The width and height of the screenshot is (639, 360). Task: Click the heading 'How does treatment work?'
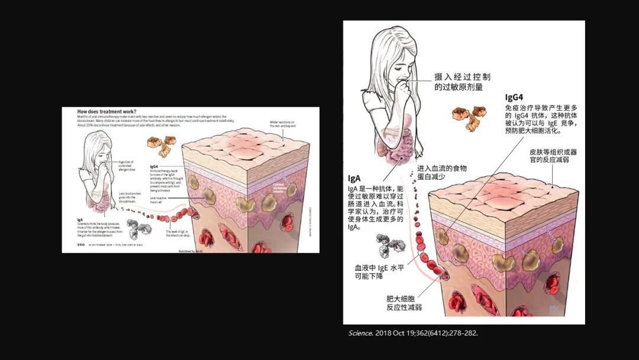click(106, 112)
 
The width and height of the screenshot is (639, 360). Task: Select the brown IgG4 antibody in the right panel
click(469, 117)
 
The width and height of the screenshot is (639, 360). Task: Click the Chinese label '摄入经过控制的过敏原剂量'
click(462, 82)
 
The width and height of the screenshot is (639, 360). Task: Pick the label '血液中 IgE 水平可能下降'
click(379, 272)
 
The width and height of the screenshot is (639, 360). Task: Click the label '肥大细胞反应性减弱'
click(404, 303)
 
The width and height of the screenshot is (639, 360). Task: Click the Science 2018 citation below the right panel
click(412, 333)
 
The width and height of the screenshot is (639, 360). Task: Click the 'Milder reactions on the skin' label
click(283, 124)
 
